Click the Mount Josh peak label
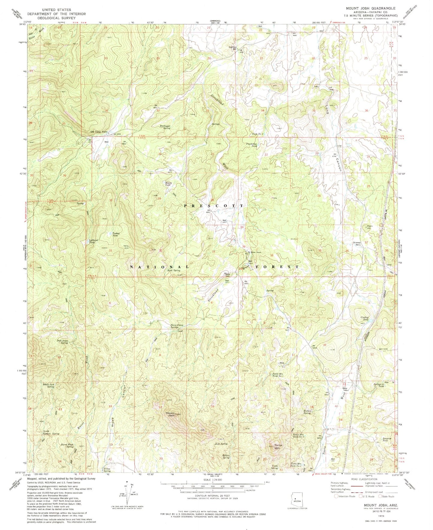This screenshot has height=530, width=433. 170,414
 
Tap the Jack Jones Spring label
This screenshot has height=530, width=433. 62,342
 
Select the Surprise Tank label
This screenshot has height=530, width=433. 387,440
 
